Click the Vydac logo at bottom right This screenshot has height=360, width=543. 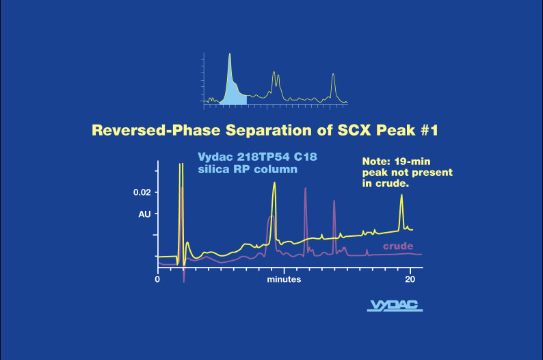(395, 305)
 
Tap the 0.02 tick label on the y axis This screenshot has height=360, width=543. (142, 193)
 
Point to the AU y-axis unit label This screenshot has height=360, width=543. (144, 214)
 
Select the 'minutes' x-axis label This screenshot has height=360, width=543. (284, 279)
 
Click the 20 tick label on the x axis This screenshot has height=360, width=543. (410, 279)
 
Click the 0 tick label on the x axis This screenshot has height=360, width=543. (158, 279)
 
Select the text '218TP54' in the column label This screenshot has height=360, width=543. (259, 157)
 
